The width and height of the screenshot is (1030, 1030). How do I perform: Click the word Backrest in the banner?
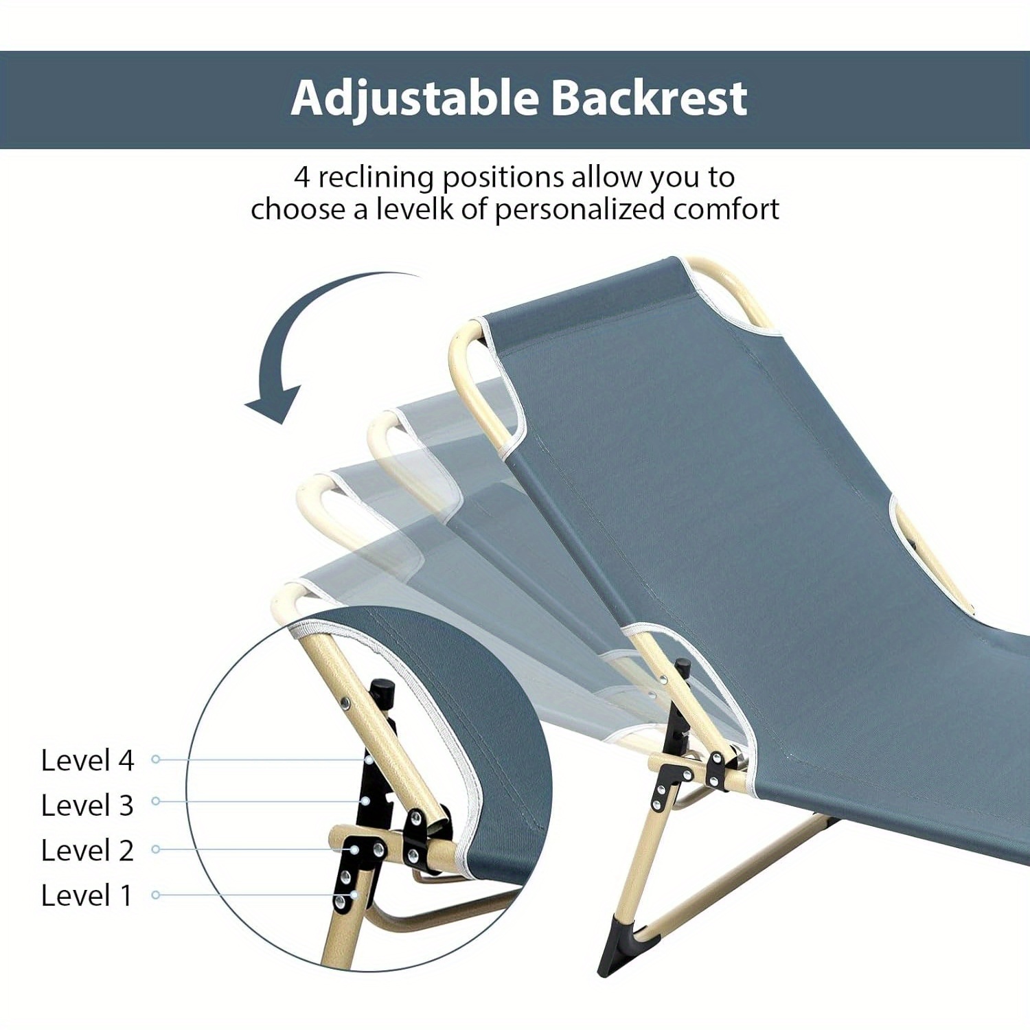point(649,98)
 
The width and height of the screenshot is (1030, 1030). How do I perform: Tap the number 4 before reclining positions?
point(302,177)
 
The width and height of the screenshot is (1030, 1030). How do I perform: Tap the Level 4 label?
point(87,760)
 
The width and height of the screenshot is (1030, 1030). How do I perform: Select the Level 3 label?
point(87,805)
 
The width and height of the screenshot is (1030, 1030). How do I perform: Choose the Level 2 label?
point(87,850)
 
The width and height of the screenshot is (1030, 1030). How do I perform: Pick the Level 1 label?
point(86,895)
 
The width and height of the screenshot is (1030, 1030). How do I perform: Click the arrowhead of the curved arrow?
point(275,405)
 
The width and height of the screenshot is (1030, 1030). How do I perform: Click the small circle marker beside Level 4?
point(156,759)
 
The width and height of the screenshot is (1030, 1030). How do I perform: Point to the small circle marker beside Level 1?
point(156,895)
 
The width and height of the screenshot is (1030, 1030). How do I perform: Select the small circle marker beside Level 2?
point(156,849)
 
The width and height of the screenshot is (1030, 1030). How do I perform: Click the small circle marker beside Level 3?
point(156,801)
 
